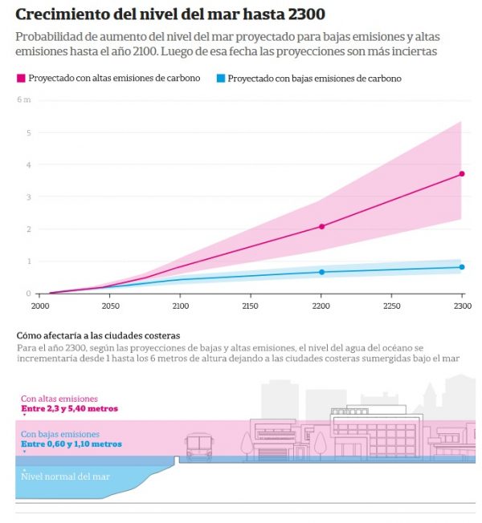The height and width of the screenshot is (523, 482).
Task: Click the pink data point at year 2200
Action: pyautogui.click(x=321, y=227)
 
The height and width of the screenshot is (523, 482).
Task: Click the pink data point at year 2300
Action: pyautogui.click(x=462, y=174)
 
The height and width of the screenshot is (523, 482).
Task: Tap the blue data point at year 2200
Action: pyautogui.click(x=321, y=272)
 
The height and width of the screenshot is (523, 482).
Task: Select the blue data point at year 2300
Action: pyautogui.click(x=462, y=267)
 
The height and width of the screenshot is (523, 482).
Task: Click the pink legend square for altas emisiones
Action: pyautogui.click(x=20, y=79)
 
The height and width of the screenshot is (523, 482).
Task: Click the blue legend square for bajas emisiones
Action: pyautogui.click(x=219, y=79)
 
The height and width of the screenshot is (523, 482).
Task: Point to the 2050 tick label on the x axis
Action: pyautogui.click(x=110, y=306)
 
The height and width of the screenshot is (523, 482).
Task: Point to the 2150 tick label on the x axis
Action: pyautogui.click(x=251, y=306)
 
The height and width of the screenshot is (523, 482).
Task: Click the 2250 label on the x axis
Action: pyautogui.click(x=391, y=306)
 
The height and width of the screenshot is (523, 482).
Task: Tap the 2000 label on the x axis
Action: pyautogui.click(x=40, y=306)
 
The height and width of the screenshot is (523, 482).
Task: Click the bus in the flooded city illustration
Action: pyautogui.click(x=198, y=446)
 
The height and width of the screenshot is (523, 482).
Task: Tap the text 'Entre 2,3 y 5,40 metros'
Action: pyautogui.click(x=69, y=408)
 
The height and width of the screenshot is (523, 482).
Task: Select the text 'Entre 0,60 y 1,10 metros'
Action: pyautogui.click(x=71, y=444)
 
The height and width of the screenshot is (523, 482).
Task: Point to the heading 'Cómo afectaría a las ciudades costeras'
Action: pyautogui.click(x=98, y=335)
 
